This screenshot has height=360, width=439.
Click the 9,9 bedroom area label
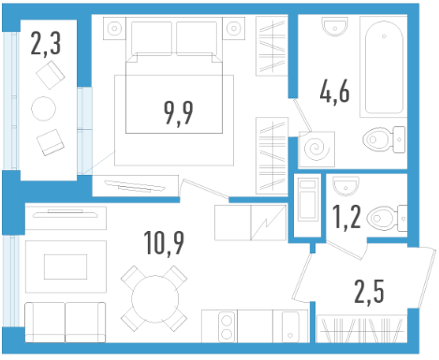click(x=179, y=113)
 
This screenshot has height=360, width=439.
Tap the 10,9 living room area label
click(x=164, y=243)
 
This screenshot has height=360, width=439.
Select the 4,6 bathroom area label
click(x=334, y=92)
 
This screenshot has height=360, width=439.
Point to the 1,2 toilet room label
click(x=346, y=217)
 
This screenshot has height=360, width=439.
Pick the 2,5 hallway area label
click(x=369, y=292)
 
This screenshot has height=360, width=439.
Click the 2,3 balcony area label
click(x=46, y=44)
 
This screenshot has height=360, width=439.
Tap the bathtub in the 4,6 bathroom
click(x=384, y=66)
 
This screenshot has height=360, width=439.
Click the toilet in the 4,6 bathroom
click(x=384, y=139)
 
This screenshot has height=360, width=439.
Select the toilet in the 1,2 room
click(x=387, y=218)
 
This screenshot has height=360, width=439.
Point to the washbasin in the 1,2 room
click(x=346, y=185)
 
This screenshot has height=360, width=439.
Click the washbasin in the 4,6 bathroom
click(x=335, y=26)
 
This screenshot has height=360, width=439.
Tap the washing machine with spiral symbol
click(x=317, y=149)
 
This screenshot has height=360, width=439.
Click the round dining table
click(x=154, y=299)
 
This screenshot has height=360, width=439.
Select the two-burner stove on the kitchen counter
click(x=227, y=326)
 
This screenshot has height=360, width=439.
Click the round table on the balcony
click(x=44, y=108)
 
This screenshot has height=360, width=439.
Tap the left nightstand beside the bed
click(x=114, y=28)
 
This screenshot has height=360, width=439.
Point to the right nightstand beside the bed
click(x=234, y=28)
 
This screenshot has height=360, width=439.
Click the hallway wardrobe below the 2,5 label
click(x=361, y=329)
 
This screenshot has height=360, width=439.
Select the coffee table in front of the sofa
click(x=66, y=266)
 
